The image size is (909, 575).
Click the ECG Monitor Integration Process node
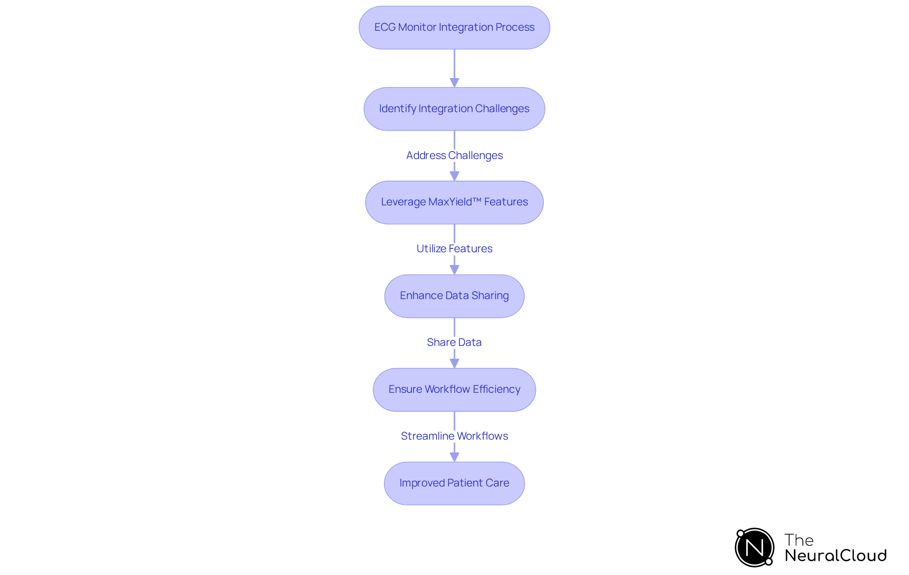click(x=454, y=27)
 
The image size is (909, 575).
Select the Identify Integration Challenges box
click(x=454, y=109)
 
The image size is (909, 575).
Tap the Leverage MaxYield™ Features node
click(x=454, y=203)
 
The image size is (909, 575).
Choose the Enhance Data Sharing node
click(x=454, y=296)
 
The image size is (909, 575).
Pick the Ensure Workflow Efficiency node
click(x=454, y=389)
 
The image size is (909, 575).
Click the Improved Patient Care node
click(x=454, y=483)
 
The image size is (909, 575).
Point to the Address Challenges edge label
click(x=454, y=155)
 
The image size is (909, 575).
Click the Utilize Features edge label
click(x=454, y=248)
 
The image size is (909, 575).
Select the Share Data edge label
click(x=454, y=342)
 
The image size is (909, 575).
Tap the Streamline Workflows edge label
click(x=454, y=436)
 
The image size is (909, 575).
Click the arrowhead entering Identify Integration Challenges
click(x=454, y=83)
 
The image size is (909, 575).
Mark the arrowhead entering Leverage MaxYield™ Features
click(x=454, y=176)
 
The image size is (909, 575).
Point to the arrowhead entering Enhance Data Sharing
click(x=454, y=270)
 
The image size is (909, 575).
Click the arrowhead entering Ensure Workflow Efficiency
click(x=454, y=363)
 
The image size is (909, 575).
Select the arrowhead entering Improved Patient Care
click(x=454, y=457)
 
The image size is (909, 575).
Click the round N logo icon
click(x=754, y=548)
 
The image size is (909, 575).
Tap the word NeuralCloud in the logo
click(x=836, y=556)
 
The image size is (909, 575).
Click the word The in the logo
click(x=799, y=540)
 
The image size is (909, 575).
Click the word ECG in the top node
click(x=384, y=27)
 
